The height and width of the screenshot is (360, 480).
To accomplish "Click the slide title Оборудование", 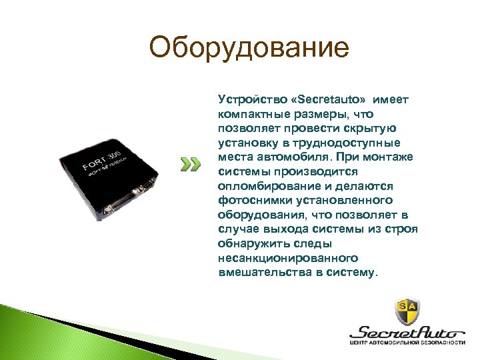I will click(x=249, y=48).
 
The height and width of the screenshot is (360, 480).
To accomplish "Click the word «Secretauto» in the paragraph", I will click(x=326, y=99).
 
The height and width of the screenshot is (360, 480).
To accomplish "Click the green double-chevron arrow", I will click(x=191, y=165).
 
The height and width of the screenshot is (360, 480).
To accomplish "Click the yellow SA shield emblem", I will click(x=407, y=310).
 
